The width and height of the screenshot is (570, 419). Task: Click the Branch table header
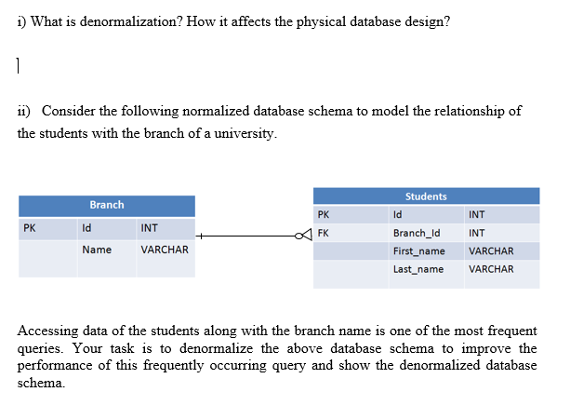pos(107,205)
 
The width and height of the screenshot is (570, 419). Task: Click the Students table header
pos(426,196)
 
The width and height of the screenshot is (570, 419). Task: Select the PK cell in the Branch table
pos(31,227)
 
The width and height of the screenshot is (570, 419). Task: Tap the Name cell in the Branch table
pos(97,250)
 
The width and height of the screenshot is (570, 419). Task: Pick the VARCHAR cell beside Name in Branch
pos(165,250)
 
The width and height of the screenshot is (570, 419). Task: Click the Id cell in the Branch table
pos(86,227)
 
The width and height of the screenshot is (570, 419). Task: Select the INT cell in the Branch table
pos(149,227)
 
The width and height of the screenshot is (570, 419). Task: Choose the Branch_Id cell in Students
pos(416,233)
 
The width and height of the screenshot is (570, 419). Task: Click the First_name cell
pos(419,251)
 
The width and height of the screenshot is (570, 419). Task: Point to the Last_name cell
pos(418,269)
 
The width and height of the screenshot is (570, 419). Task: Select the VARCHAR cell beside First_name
pos(491,251)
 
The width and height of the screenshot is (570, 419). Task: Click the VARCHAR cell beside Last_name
pos(491,269)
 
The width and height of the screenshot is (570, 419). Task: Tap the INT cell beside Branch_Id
pos(477,233)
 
